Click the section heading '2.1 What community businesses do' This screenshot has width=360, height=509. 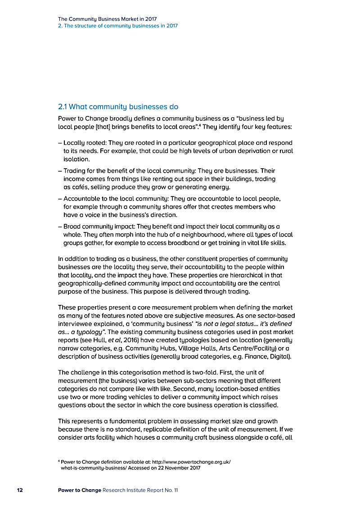pyautogui.click(x=118, y=107)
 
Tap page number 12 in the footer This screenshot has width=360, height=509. pyautogui.click(x=20, y=490)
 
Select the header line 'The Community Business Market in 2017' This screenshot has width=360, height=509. pyautogui.click(x=107, y=19)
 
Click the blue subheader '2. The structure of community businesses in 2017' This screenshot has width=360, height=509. pyautogui.click(x=118, y=26)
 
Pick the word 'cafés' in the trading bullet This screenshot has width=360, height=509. pyautogui.click(x=73, y=187)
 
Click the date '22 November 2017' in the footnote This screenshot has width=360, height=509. pyautogui.click(x=177, y=468)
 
